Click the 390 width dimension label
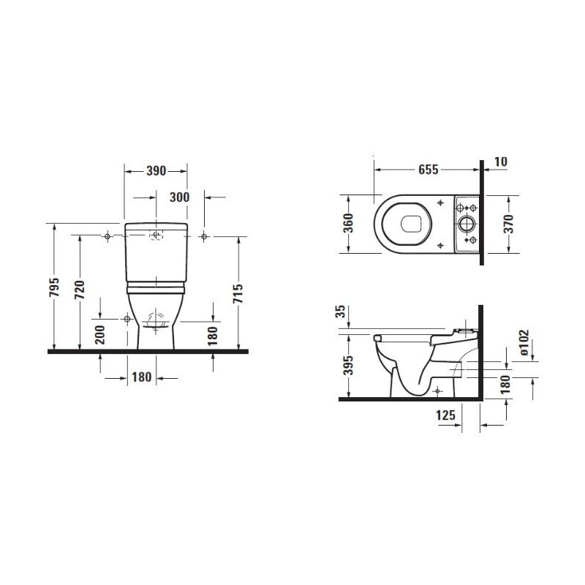click(156, 171)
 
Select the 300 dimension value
click(179, 197)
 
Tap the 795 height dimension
click(54, 287)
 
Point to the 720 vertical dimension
click(80, 290)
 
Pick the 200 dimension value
click(100, 335)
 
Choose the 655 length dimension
click(428, 170)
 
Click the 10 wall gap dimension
click(501, 162)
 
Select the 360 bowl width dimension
click(348, 223)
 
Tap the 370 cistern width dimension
click(508, 224)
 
